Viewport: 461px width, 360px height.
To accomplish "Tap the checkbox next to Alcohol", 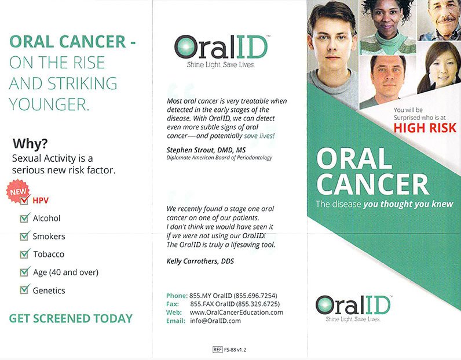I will (x=25, y=219).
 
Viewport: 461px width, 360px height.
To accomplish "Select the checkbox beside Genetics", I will (x=25, y=290).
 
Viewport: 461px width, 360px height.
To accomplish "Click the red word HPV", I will (x=41, y=201).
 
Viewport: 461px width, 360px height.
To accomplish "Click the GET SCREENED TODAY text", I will (x=71, y=318).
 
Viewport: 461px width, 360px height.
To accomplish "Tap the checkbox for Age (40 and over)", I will (x=25, y=272).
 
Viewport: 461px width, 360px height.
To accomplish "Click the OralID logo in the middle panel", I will (x=221, y=49).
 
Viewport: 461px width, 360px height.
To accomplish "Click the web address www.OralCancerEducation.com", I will (x=236, y=312).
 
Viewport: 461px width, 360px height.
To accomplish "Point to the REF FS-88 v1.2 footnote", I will (x=229, y=350).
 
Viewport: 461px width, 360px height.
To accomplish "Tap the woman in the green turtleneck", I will (x=386, y=26).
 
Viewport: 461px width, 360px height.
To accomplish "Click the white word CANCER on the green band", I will (x=372, y=184).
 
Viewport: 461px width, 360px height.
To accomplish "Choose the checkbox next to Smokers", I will (x=25, y=236).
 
